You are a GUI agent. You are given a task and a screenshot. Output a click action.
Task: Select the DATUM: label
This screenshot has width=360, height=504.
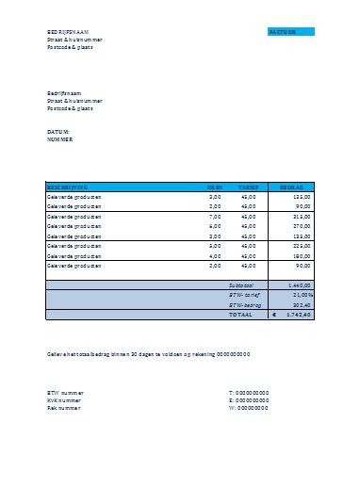tap(58, 131)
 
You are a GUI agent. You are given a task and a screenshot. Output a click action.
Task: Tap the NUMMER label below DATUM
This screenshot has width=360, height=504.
tap(59, 138)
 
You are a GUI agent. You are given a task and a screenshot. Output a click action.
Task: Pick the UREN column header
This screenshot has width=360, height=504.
tap(215, 187)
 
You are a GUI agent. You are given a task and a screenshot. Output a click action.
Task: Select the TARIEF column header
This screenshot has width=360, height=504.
tap(248, 187)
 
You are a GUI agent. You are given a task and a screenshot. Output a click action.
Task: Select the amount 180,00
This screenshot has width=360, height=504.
tap(303, 255)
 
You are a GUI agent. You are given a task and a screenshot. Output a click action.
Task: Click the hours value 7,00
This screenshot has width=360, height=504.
tap(215, 217)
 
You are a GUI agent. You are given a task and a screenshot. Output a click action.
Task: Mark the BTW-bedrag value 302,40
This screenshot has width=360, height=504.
tap(303, 304)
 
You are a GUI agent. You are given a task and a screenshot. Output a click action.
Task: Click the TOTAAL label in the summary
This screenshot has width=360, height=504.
tap(242, 315)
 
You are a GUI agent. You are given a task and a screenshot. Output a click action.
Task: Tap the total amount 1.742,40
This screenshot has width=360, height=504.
tap(300, 315)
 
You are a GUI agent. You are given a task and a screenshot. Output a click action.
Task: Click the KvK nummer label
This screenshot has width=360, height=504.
tap(64, 400)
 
